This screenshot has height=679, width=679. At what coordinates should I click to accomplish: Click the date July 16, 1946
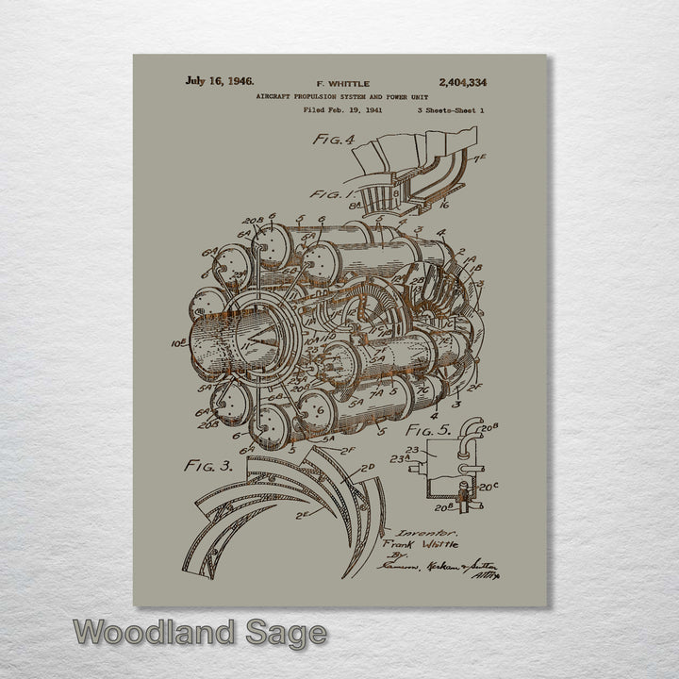click(219, 81)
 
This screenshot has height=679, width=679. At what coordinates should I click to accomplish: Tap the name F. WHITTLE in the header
click(342, 83)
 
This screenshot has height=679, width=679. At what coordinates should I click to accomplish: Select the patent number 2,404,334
click(462, 82)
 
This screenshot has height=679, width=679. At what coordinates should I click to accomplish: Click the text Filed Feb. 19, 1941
click(342, 109)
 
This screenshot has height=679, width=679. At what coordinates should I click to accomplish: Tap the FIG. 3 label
click(208, 464)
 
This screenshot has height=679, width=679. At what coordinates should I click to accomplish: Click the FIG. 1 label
click(327, 195)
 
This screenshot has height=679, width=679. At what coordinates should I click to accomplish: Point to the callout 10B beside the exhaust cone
click(179, 344)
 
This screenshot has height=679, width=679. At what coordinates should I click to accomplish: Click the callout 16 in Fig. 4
click(443, 204)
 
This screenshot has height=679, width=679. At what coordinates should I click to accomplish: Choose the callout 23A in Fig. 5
click(401, 459)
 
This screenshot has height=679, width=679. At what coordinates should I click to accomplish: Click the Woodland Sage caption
click(200, 632)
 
